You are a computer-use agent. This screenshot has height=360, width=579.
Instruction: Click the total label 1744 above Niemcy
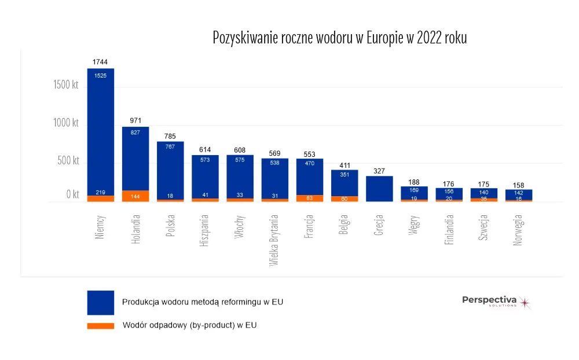click(x=100, y=62)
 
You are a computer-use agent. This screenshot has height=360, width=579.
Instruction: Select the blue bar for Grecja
click(x=379, y=189)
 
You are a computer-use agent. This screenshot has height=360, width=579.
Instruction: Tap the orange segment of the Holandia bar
click(x=135, y=196)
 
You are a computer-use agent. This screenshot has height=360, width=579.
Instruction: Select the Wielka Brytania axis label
click(x=274, y=240)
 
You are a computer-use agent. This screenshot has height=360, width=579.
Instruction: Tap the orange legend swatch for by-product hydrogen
click(x=100, y=326)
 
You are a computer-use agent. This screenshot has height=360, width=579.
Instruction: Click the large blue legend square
click(x=100, y=302)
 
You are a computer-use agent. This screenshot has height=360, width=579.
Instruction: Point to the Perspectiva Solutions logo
click(x=496, y=301)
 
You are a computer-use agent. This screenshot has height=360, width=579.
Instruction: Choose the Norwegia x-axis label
click(x=518, y=230)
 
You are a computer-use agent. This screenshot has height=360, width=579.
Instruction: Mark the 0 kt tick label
click(x=72, y=195)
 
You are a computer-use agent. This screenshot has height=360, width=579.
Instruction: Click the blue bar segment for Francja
click(x=310, y=177)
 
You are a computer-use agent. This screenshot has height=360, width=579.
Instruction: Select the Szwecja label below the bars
click(x=483, y=228)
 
